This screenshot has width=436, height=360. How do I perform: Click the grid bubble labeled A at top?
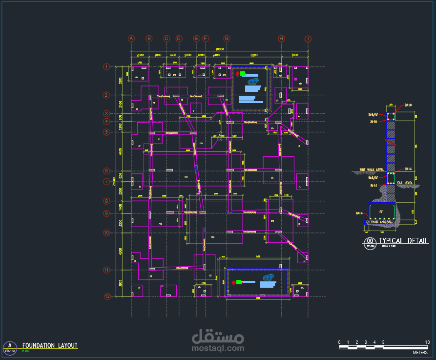[x=131, y=39]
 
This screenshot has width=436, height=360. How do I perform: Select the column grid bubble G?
[x=227, y=39]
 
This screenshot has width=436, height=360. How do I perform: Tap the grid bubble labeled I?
[x=308, y=39]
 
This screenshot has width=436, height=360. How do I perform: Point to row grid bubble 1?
[x=106, y=67]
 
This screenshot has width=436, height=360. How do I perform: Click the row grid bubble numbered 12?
[x=107, y=296]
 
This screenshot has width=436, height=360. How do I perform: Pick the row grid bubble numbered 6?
[x=106, y=171]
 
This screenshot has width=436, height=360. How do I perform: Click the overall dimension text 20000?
[x=219, y=49]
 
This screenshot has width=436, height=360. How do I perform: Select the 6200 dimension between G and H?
[x=253, y=55]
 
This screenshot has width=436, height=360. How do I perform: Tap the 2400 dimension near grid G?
[x=216, y=55]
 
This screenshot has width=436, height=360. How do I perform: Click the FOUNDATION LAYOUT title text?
[x=50, y=345]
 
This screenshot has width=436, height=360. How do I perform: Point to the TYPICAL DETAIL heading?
[x=397, y=241]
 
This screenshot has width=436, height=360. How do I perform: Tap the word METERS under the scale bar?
[x=420, y=352]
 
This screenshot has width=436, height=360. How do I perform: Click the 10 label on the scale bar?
[x=427, y=342]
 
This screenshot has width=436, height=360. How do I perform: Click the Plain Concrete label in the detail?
[x=382, y=222]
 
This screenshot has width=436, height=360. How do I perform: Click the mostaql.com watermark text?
[x=218, y=348]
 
